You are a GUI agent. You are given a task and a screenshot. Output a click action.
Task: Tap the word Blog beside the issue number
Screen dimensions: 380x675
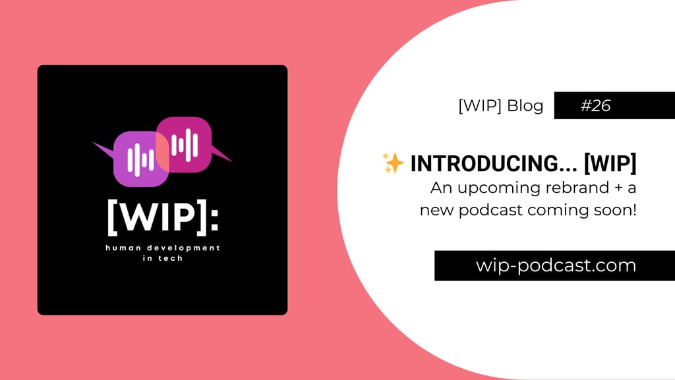pos(525,106)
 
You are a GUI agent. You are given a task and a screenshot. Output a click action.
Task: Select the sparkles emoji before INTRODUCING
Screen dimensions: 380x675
pos(392,163)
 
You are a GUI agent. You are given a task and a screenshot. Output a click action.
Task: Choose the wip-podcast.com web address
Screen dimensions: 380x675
pos(556,265)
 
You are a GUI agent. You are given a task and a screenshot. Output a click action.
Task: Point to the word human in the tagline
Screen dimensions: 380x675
pos(123,248)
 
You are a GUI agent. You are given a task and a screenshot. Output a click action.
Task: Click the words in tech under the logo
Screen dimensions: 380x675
pos(162,258)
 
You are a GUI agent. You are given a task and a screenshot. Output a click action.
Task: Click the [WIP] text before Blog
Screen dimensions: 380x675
pos(479,106)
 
